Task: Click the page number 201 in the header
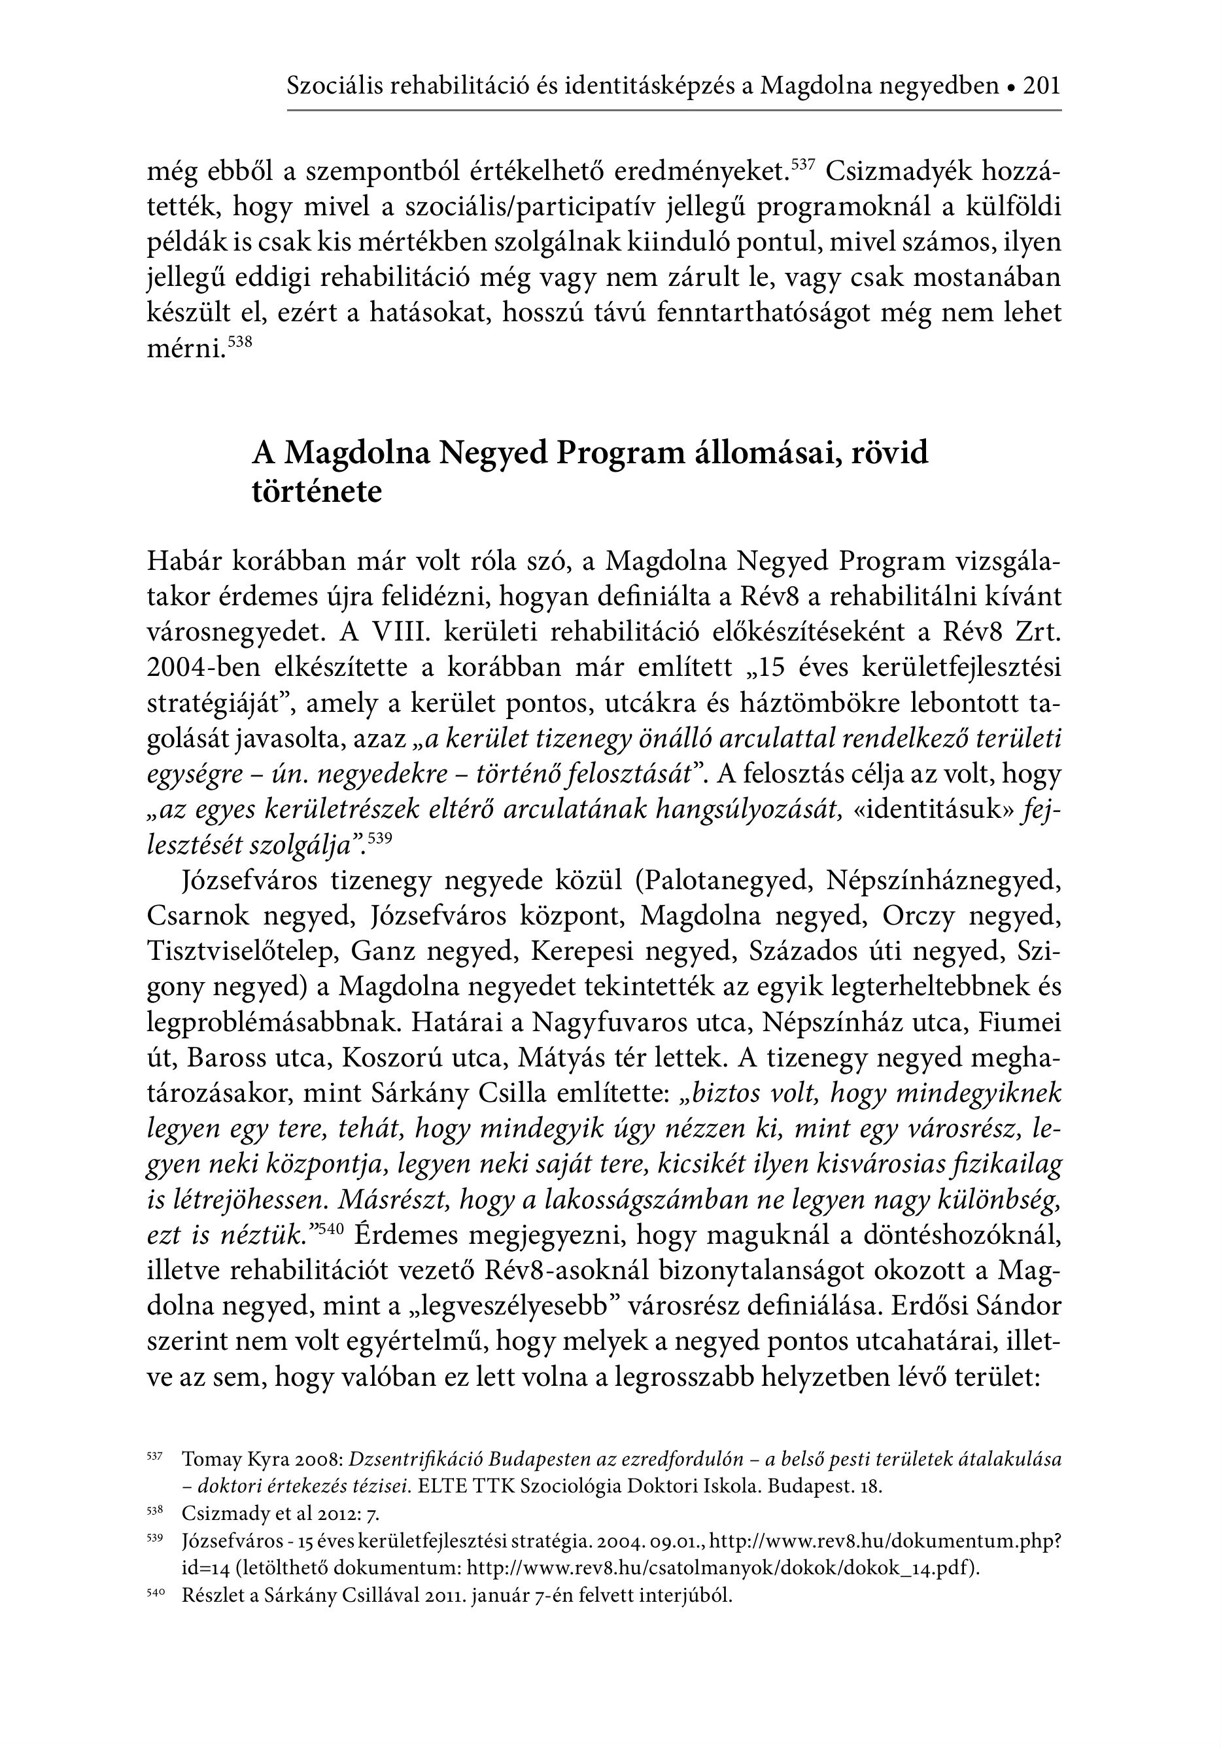[1041, 86]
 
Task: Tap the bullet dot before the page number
[1011, 88]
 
